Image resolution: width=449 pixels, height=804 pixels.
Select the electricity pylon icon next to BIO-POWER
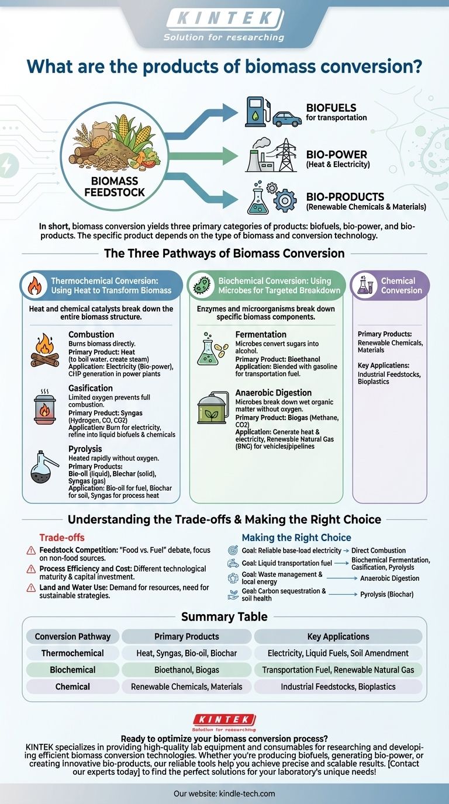(x=285, y=155)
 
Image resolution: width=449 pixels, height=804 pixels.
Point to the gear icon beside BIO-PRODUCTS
(x=285, y=200)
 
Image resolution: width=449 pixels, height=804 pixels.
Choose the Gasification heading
(x=91, y=388)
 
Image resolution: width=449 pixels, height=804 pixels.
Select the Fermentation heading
(x=261, y=334)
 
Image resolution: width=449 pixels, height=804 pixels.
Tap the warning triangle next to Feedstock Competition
(x=31, y=551)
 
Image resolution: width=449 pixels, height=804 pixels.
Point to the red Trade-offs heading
(x=62, y=537)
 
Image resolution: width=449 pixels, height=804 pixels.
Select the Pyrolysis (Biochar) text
(x=386, y=594)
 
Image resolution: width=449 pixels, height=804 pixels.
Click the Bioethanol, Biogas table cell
(x=186, y=670)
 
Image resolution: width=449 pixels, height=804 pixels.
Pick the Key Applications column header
(x=338, y=636)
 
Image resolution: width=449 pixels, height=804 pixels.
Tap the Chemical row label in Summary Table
(x=72, y=687)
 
